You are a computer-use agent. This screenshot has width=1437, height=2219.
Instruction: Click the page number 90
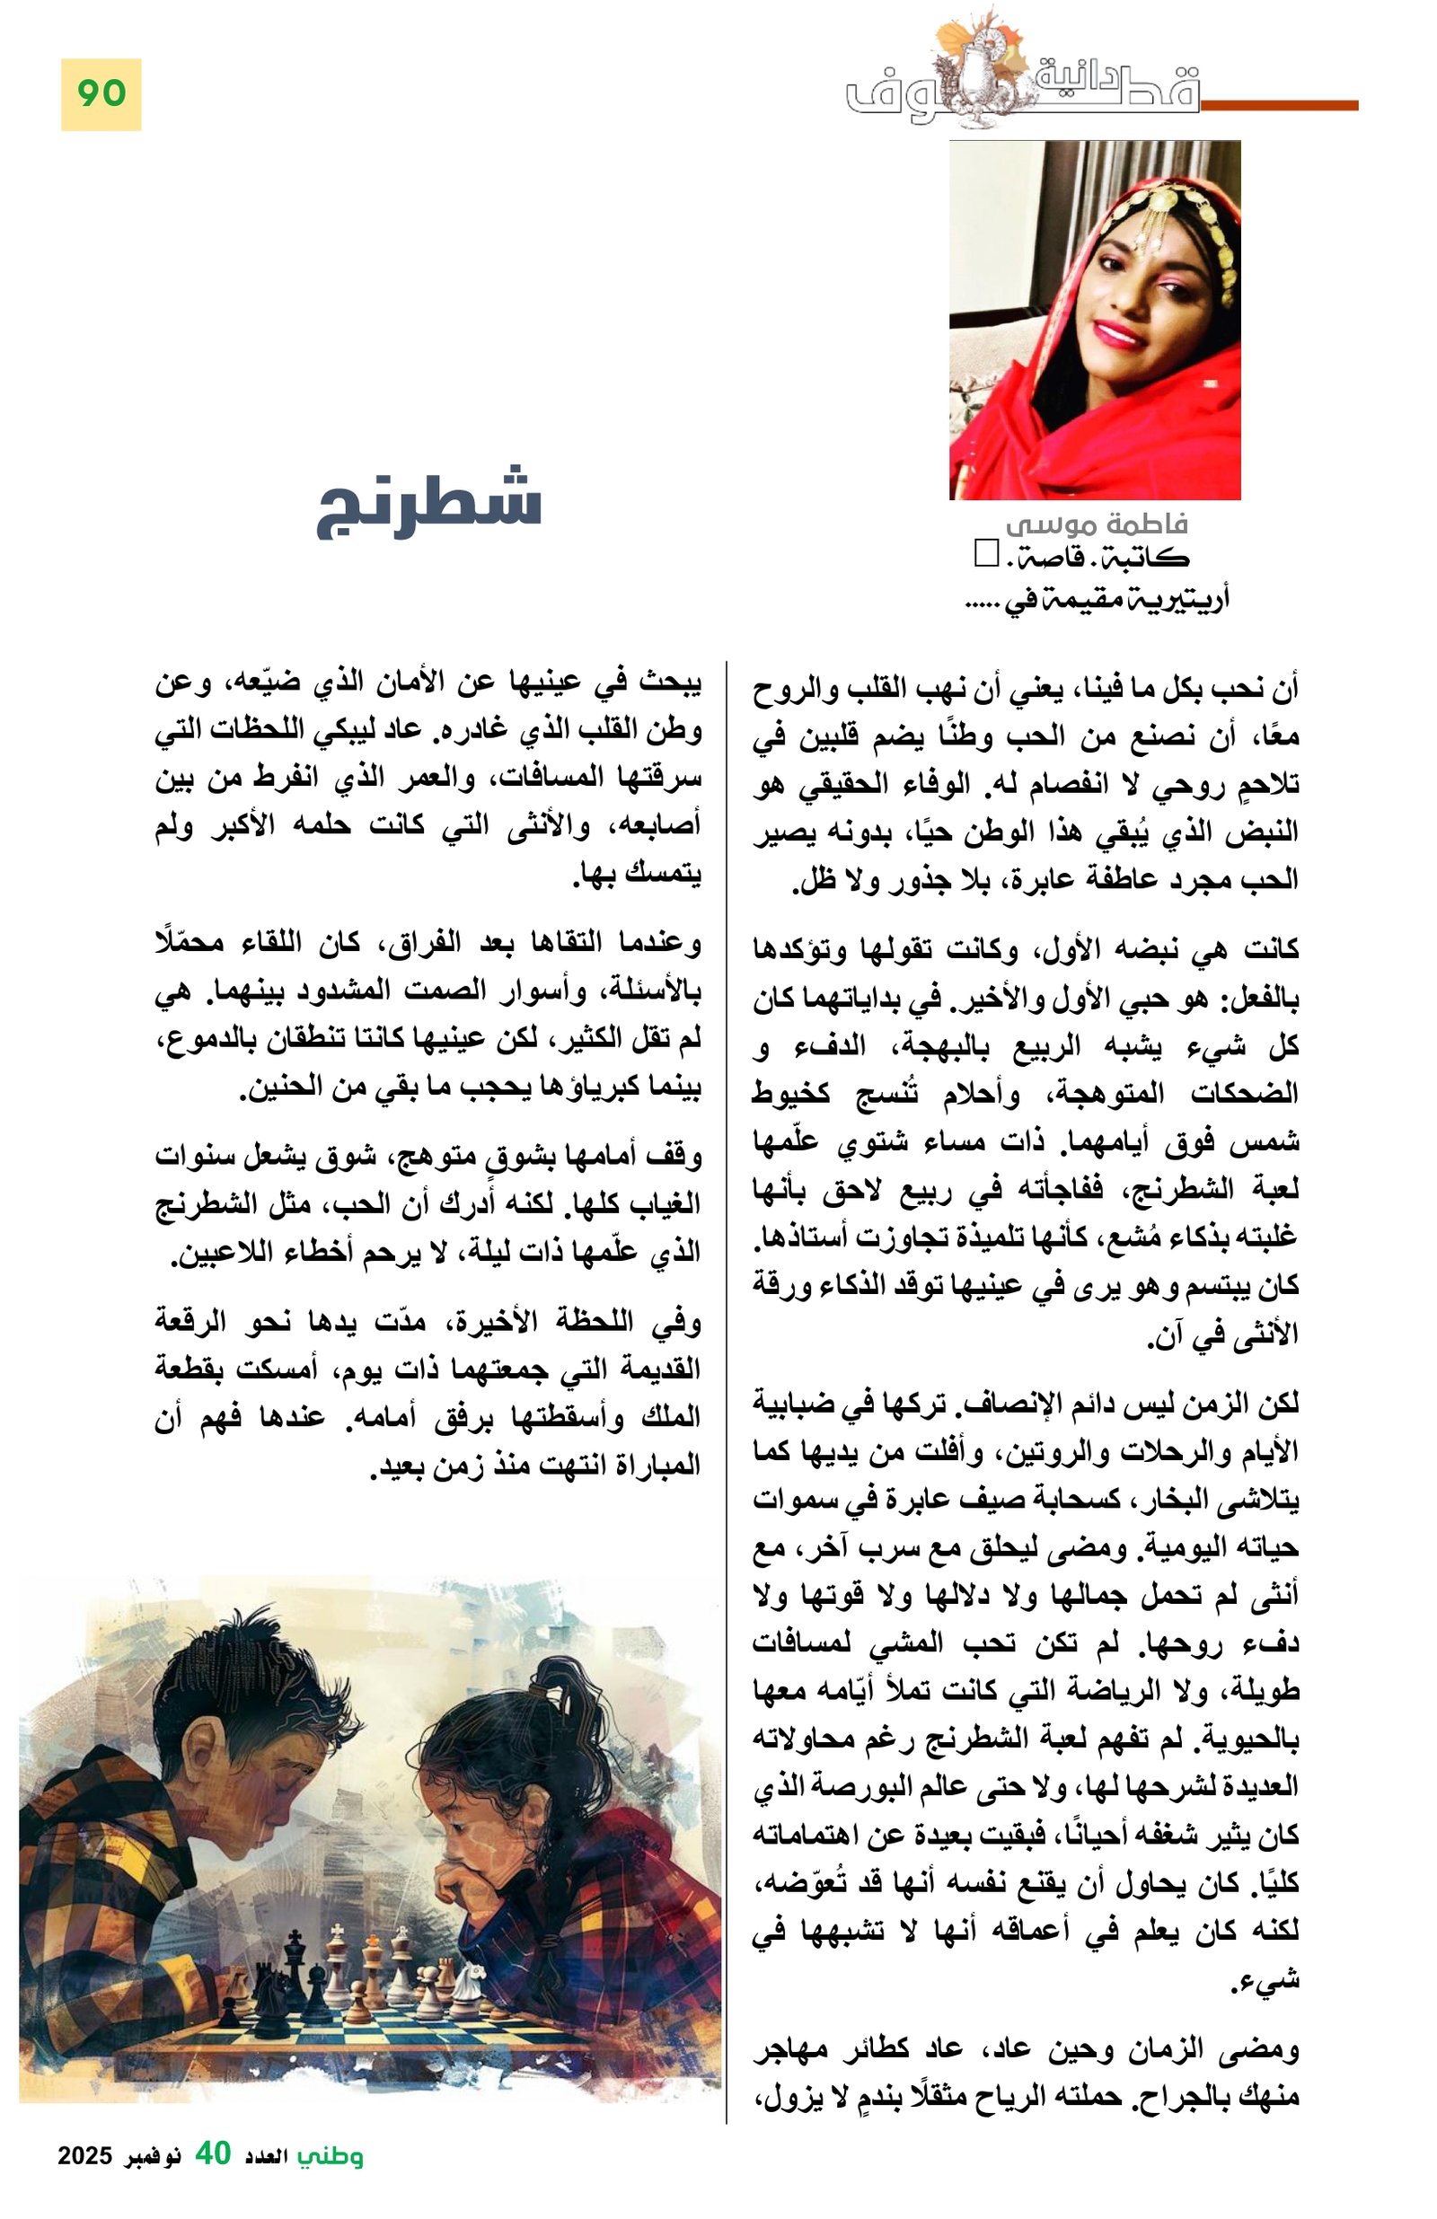point(101,93)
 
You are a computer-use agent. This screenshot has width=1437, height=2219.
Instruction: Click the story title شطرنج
point(428,501)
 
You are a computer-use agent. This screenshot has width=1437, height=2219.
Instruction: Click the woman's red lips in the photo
point(1119,333)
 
